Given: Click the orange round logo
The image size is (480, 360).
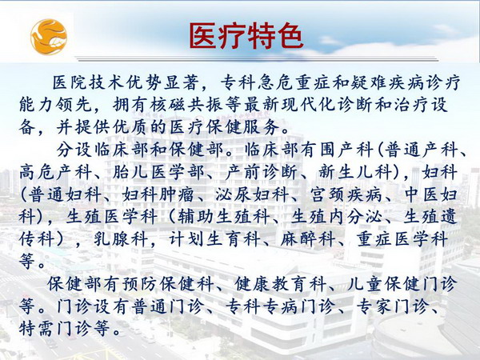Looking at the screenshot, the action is [x=49, y=37].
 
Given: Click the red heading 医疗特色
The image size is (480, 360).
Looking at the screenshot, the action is [x=246, y=36].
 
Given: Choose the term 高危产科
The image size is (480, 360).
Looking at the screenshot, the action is [x=54, y=172].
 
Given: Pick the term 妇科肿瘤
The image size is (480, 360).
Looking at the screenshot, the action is [x=158, y=194].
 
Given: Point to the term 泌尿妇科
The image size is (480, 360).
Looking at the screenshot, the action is [x=252, y=194].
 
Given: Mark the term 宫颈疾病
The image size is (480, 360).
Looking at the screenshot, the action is [x=346, y=194].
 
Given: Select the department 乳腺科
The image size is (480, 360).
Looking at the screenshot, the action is [x=121, y=239].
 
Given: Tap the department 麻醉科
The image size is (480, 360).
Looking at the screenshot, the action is [x=307, y=239].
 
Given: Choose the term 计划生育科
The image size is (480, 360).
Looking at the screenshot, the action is [x=215, y=239].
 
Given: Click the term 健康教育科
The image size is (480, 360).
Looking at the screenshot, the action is [x=281, y=284].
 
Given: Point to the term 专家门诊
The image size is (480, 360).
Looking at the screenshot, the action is [x=391, y=306].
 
